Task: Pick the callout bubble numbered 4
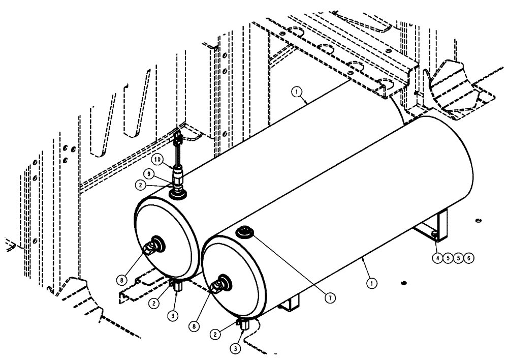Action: (437, 258)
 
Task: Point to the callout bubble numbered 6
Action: (469, 258)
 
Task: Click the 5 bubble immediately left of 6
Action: (458, 258)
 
